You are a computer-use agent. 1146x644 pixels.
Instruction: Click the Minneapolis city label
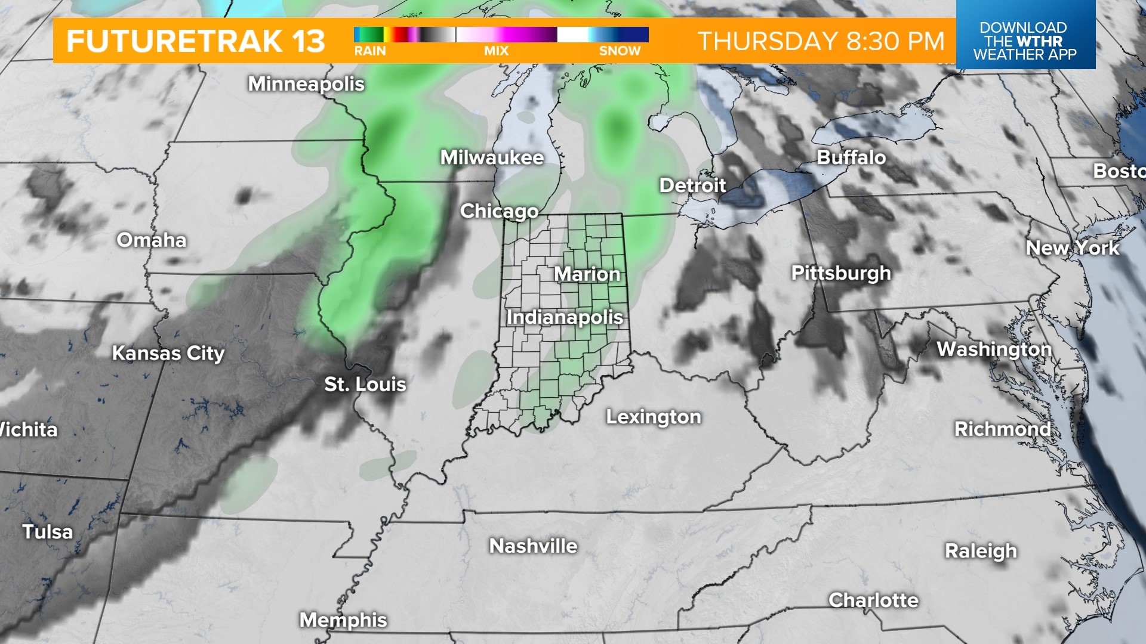click(x=306, y=84)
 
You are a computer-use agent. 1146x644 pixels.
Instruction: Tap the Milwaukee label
click(x=492, y=157)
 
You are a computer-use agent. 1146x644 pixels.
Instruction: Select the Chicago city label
click(x=499, y=211)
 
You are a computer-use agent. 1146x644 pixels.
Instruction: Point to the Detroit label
click(x=692, y=185)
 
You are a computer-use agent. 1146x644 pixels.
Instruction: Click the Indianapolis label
click(x=565, y=317)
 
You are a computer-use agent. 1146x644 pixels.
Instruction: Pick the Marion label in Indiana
click(x=587, y=274)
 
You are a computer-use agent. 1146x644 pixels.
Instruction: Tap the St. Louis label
click(x=365, y=384)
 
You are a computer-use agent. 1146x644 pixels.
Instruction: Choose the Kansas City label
click(x=168, y=353)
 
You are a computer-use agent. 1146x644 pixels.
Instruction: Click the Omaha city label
click(x=152, y=240)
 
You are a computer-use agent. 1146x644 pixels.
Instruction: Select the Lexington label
click(x=654, y=417)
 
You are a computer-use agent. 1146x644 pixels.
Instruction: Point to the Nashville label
click(x=533, y=546)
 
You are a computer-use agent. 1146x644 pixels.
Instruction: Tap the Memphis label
click(x=343, y=620)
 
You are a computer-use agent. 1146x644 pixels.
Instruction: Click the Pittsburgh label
click(x=841, y=273)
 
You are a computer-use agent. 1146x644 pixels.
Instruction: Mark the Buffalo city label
click(x=851, y=157)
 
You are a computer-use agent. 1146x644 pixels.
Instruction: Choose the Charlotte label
click(x=873, y=600)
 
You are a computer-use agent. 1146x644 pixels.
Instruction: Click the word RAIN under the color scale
click(x=370, y=51)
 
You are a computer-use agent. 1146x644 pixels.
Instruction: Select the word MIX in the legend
click(x=496, y=51)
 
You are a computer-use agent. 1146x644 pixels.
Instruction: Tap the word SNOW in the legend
click(x=620, y=51)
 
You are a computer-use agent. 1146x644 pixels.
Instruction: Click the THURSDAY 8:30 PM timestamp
click(x=821, y=41)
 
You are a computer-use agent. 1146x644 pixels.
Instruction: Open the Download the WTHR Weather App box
click(x=1025, y=41)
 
